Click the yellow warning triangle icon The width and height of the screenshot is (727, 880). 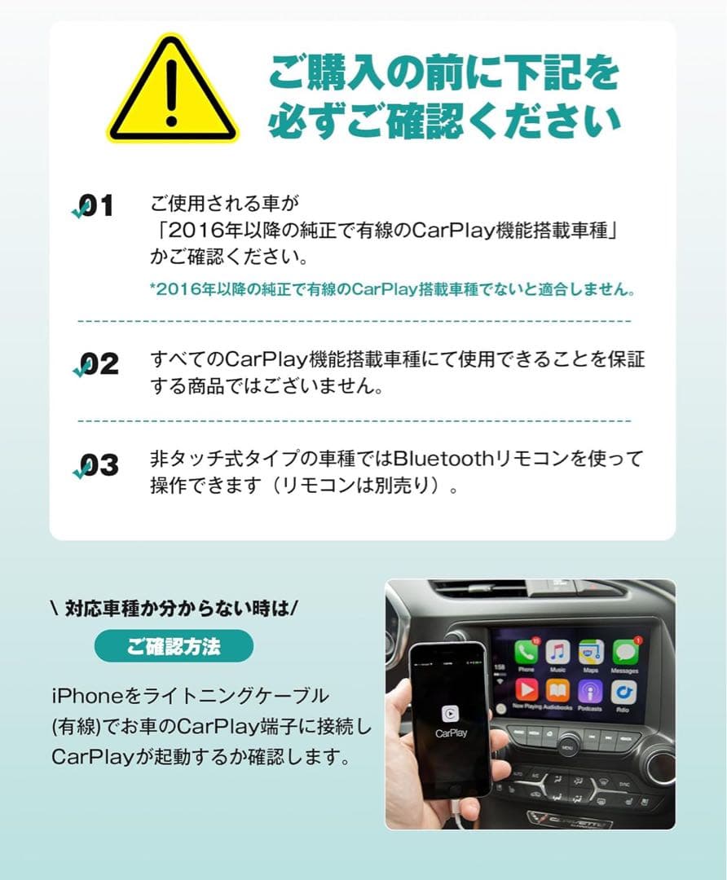pos(172,91)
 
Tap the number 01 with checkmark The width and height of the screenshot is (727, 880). pos(95,207)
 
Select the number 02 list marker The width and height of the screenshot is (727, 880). pos(96,364)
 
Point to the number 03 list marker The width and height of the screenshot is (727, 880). pos(96,466)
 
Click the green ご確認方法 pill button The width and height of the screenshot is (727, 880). pos(174,646)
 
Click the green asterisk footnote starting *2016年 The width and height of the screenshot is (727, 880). pos(391,289)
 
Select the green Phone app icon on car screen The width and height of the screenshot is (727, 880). pos(526,651)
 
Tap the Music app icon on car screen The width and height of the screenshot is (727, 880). pos(557,651)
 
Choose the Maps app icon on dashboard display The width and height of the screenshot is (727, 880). pos(590,652)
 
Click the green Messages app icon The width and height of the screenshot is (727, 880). pos(624,652)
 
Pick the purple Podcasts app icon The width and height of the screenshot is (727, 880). pos(590,691)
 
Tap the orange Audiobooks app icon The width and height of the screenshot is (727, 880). pos(557,691)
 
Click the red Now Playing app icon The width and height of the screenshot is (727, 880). pos(527,691)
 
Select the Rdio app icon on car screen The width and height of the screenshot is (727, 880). pos(623,691)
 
